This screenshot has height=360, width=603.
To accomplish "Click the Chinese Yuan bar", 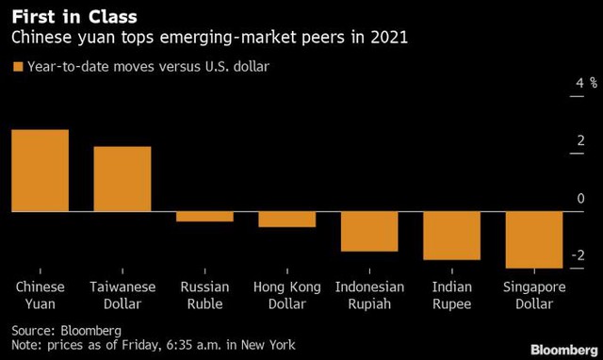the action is (x=41, y=171).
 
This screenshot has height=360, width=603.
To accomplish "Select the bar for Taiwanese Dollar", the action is (x=122, y=179).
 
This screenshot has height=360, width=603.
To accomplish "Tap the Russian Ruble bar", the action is (x=204, y=217).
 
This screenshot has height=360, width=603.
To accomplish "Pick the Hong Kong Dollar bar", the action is (x=286, y=220).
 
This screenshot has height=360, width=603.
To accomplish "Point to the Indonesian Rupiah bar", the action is (x=369, y=232).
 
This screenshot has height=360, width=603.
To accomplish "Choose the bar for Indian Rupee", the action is (x=452, y=236).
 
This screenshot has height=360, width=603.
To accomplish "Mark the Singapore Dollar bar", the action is (x=534, y=240).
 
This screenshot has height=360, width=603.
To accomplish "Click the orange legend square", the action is (x=18, y=67).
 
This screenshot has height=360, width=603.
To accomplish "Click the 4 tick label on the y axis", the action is (x=580, y=83).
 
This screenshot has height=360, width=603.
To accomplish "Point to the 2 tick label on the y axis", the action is (x=580, y=140).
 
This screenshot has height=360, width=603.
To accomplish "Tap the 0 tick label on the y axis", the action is (x=580, y=198).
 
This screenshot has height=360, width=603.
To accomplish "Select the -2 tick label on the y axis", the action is (x=578, y=255).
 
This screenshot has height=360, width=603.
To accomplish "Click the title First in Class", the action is (x=74, y=17).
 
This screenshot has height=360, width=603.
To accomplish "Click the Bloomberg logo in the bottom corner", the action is (x=564, y=350).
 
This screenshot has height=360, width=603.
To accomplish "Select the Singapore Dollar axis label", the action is (x=534, y=295).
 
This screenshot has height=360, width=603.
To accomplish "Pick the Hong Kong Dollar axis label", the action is (x=286, y=295).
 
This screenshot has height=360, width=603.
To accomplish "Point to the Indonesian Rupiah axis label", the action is (x=369, y=295).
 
